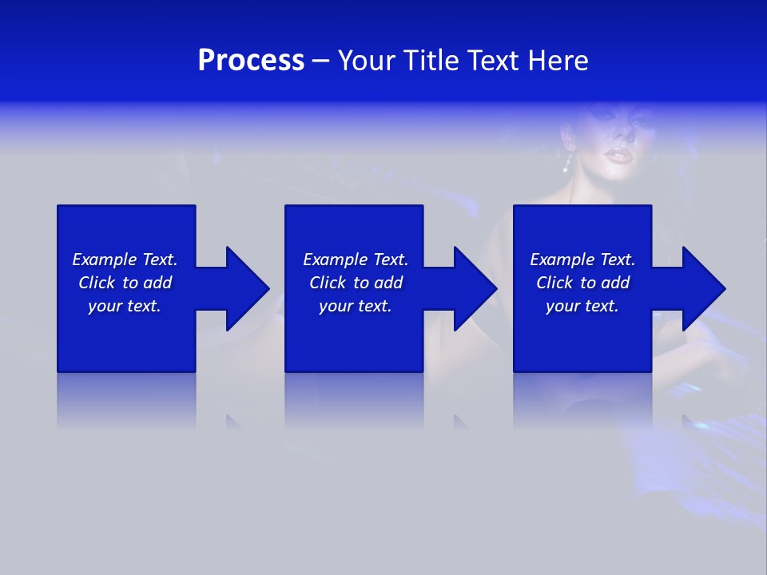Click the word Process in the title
(251, 61)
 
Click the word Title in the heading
(432, 61)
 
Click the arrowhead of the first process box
(247, 288)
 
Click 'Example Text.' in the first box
(125, 260)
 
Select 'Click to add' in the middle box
(356, 283)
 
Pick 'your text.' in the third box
(582, 306)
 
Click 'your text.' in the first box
(125, 306)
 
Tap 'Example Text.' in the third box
(582, 260)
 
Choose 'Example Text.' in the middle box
(356, 260)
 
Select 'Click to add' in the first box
(125, 283)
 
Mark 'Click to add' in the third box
(582, 283)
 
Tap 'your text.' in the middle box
(356, 306)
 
